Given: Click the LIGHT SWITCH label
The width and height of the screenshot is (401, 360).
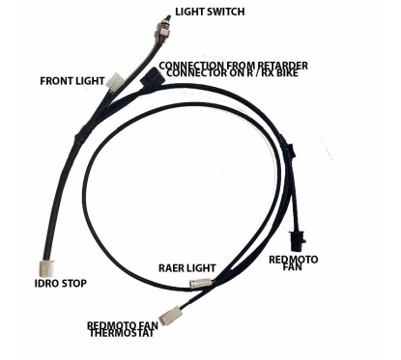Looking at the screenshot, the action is coord(210,13).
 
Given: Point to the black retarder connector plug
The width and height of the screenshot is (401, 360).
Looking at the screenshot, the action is coord(149,76).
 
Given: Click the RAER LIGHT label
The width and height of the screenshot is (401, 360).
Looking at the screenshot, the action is coord(188,266).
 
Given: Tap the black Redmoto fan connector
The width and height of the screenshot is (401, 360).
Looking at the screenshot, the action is coord(298,235).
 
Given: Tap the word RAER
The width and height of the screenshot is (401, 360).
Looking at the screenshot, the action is coord(172,266).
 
